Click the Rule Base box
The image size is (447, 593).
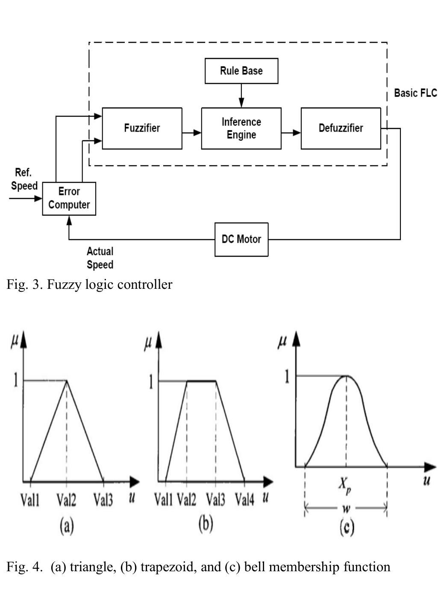[241, 71]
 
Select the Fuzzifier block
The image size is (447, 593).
[142, 128]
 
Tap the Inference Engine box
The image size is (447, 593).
[241, 128]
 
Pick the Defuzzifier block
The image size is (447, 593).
[341, 128]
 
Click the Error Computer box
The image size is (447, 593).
[69, 198]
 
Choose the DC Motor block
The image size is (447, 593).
[241, 239]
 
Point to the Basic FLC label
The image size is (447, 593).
[415, 93]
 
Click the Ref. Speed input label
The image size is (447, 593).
[24, 179]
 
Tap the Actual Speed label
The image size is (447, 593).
[100, 258]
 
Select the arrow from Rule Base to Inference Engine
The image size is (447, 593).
[241, 96]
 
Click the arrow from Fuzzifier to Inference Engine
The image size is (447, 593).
[191, 133]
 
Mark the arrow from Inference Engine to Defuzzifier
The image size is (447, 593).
[291, 133]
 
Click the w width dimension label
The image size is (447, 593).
[346, 509]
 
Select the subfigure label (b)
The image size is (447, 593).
[206, 524]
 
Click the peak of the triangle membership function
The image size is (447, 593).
[66, 381]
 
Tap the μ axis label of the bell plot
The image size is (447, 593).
[282, 343]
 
